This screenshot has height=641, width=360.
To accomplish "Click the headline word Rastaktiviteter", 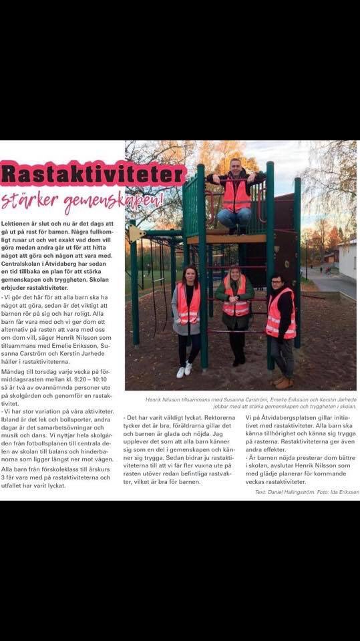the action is (x=93, y=174).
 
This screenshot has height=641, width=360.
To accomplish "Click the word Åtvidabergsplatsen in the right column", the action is (x=289, y=417).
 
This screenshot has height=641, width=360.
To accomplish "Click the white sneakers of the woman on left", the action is (x=184, y=370).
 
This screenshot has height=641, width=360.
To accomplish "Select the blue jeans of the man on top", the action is (x=234, y=217).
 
